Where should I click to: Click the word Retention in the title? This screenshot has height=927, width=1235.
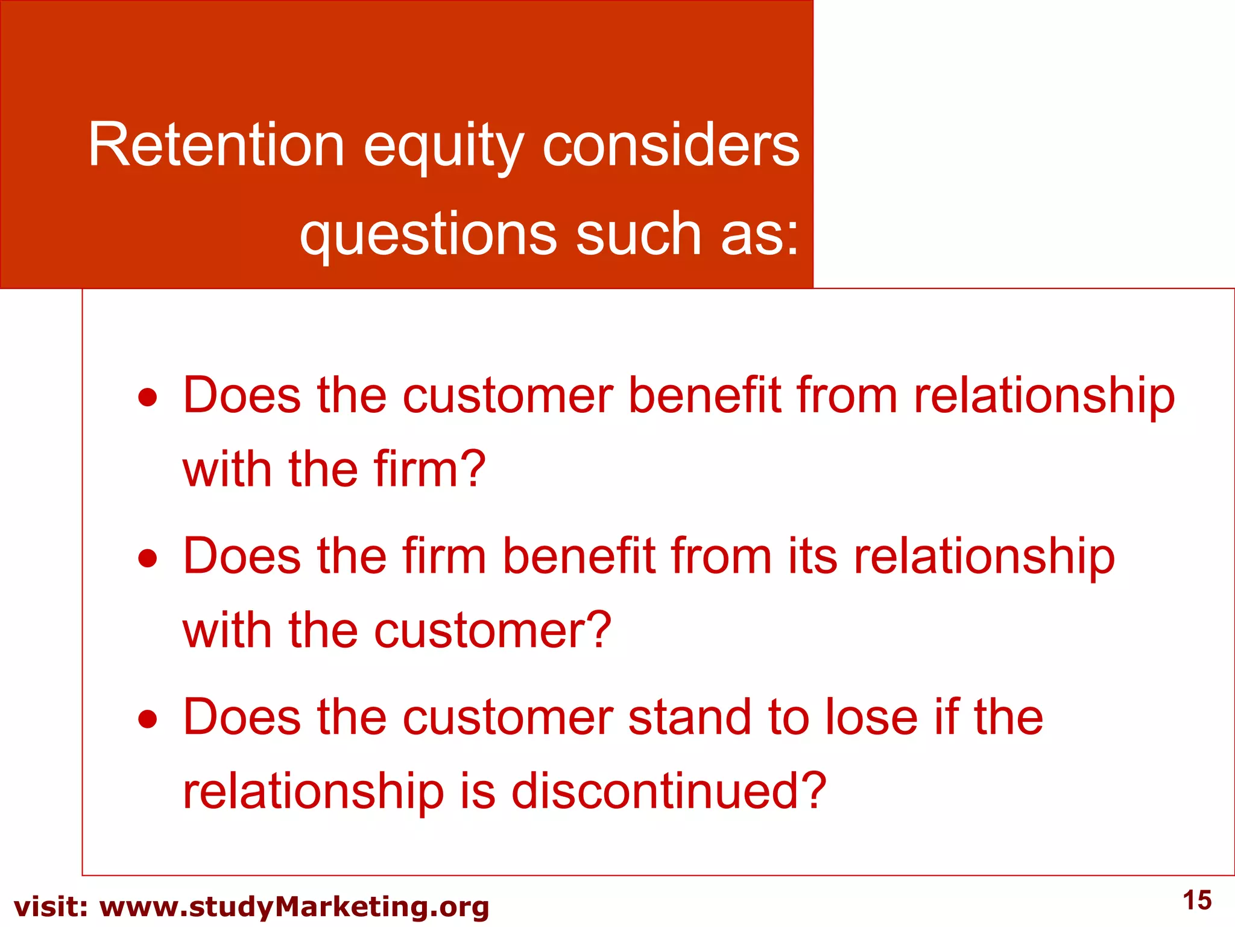click(216, 145)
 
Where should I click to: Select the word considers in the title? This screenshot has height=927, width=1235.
click(671, 145)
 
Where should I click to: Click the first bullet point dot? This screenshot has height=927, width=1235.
click(148, 398)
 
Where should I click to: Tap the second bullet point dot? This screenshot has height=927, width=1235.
click(148, 558)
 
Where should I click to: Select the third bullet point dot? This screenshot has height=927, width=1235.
click(148, 719)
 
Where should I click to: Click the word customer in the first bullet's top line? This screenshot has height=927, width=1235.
click(508, 397)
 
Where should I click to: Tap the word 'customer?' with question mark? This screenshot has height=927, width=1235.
click(493, 631)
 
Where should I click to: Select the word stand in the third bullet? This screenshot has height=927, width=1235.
click(690, 718)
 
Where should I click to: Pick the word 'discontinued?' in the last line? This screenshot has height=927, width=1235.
click(669, 792)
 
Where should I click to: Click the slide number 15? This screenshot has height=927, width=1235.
click(1197, 900)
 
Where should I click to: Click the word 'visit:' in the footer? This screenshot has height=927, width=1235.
click(51, 907)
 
